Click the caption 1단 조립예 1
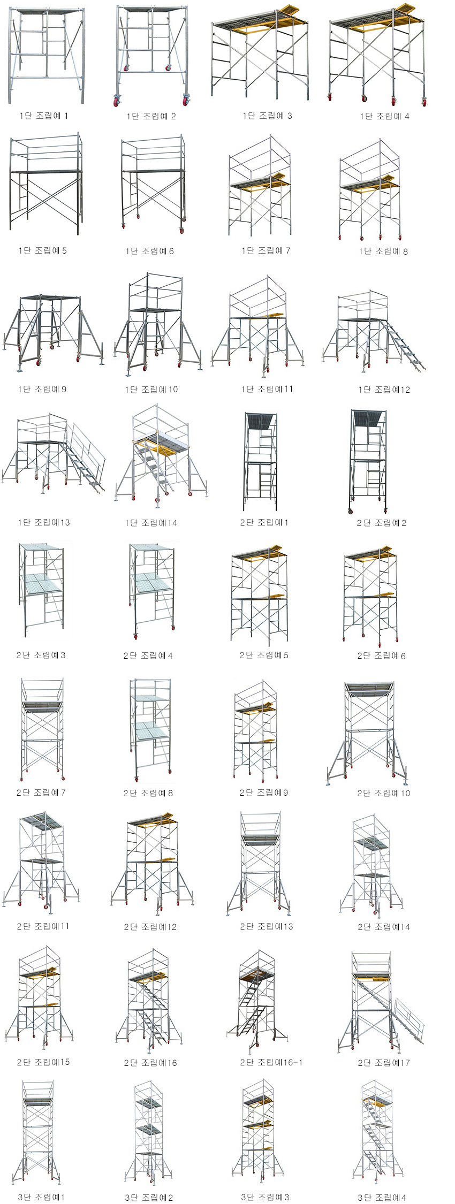click(44, 116)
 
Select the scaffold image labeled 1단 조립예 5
click(46, 185)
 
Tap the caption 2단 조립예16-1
click(271, 1062)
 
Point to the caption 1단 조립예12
click(384, 390)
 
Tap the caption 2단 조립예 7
click(41, 792)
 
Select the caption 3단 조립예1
click(41, 1197)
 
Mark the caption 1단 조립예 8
click(383, 251)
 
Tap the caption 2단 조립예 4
click(148, 656)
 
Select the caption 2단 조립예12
click(150, 927)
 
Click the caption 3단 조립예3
click(265, 1197)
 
